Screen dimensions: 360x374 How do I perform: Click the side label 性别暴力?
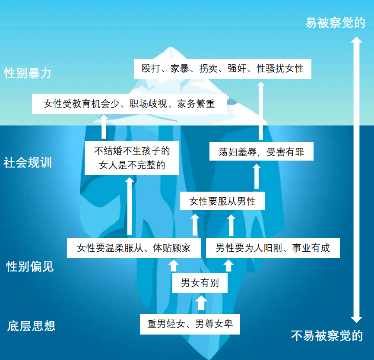28,73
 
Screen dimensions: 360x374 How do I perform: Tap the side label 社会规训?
28,163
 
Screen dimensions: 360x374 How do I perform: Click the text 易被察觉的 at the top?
335,23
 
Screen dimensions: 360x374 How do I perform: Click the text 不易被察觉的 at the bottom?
327,335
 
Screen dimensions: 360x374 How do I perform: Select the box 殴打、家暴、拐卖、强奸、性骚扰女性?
222,69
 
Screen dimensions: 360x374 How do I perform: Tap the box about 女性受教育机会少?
129,104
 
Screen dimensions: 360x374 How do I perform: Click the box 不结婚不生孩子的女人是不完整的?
132,158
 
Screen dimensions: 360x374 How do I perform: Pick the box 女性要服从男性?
222,201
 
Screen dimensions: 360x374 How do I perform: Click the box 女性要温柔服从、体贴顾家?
133,248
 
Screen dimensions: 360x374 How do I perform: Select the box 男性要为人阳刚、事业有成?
273,248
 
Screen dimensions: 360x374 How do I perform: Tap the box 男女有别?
200,283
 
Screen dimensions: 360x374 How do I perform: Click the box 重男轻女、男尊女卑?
190,324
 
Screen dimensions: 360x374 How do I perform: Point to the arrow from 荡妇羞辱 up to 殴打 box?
260,110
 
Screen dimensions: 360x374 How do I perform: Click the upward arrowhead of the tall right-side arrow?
356,41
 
